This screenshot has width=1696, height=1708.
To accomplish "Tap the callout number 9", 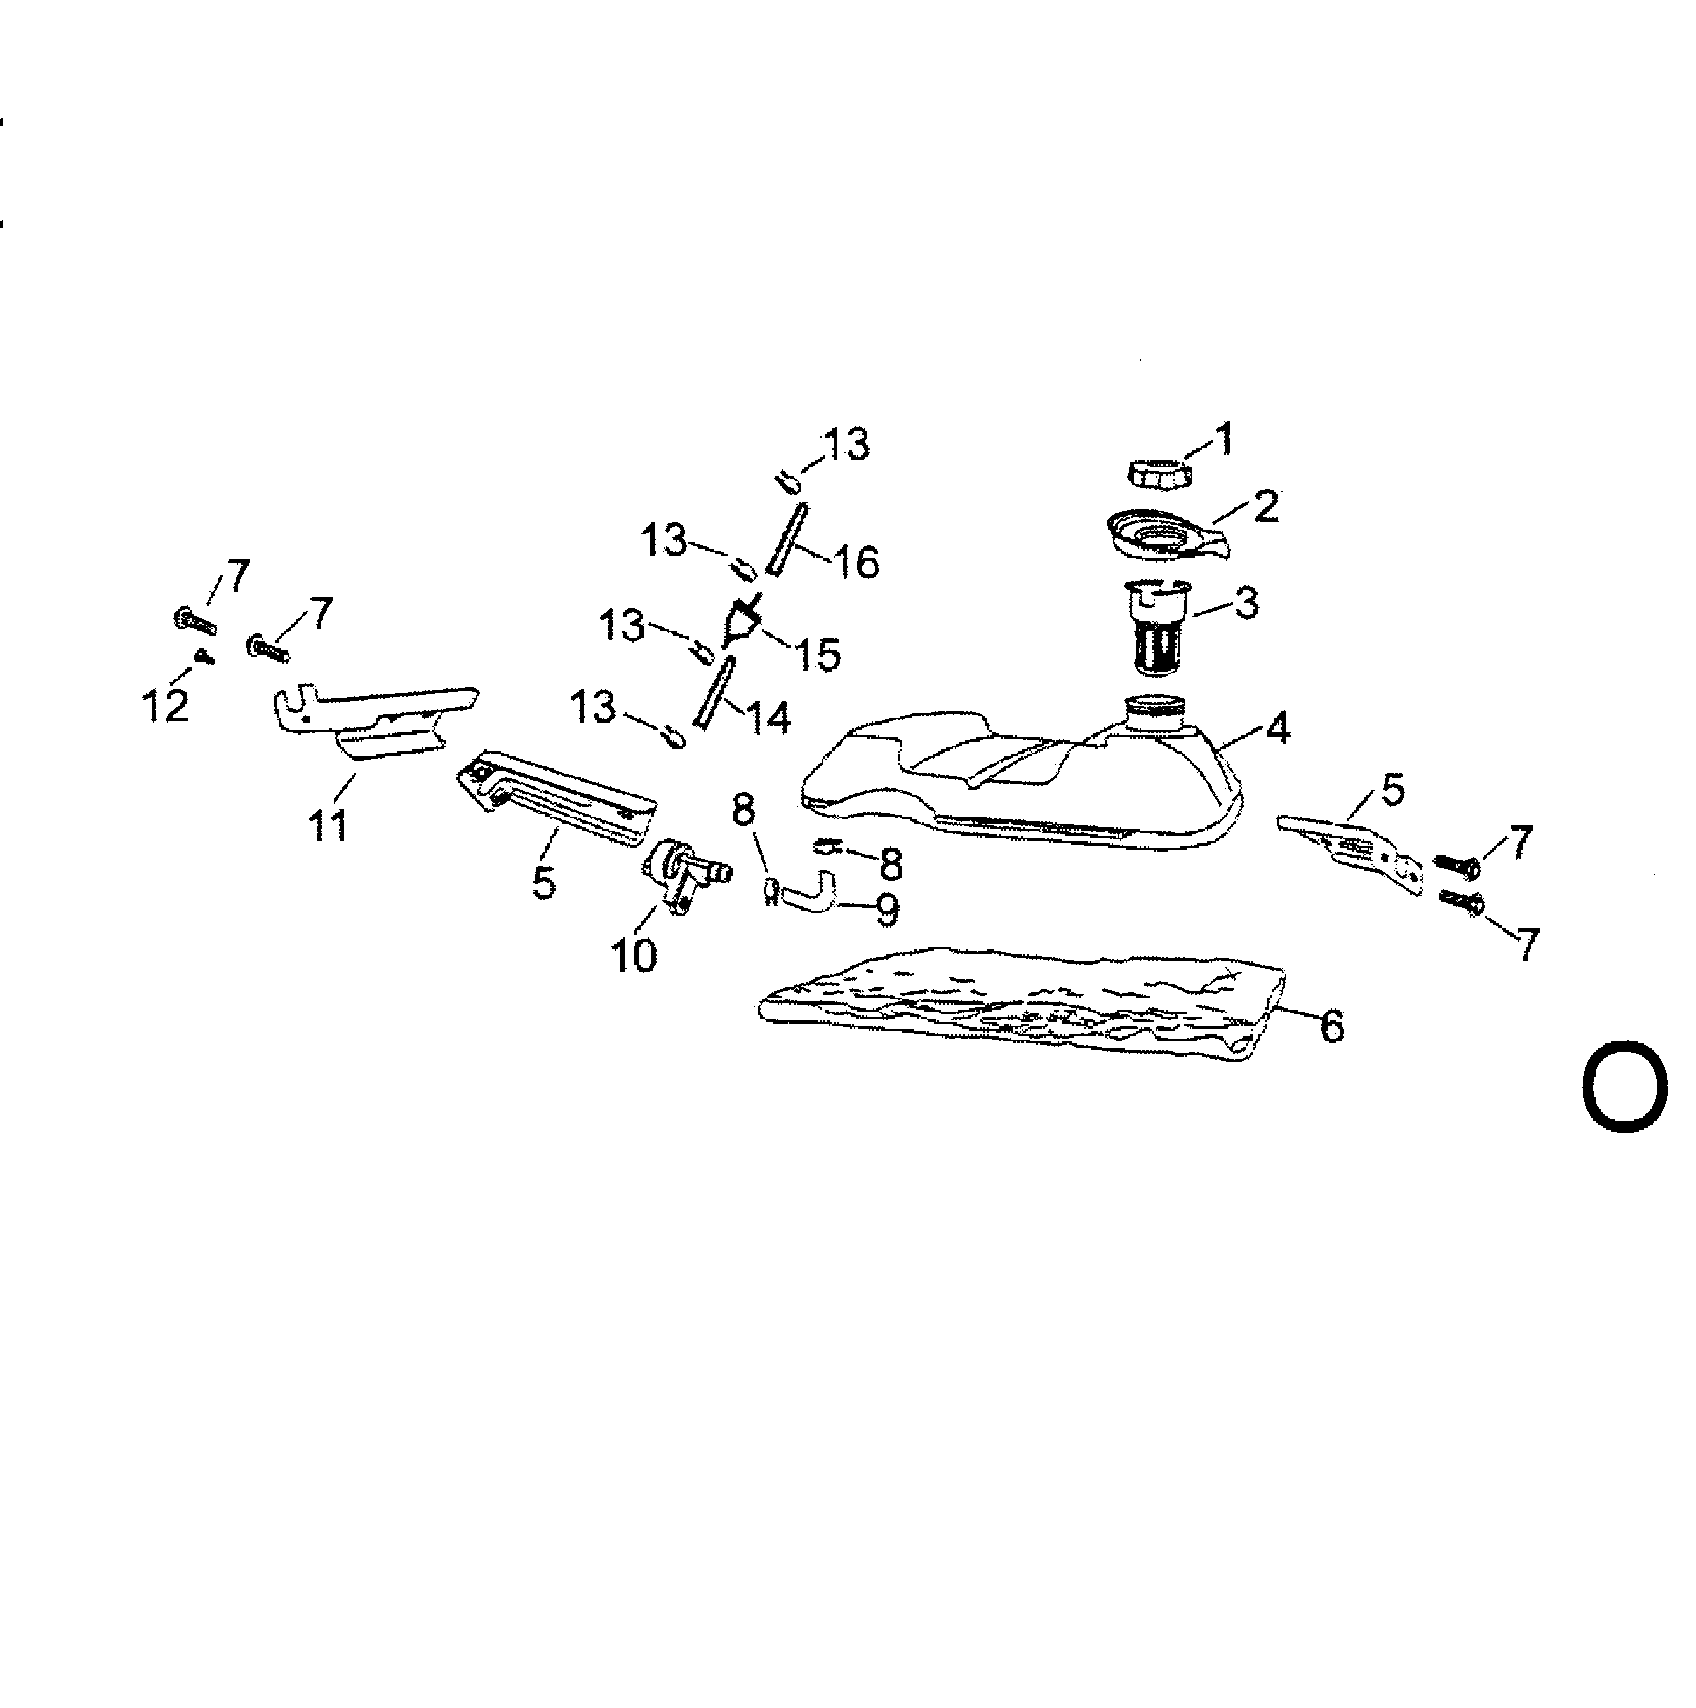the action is (887, 909).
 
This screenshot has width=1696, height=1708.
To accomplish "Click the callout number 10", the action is (634, 955).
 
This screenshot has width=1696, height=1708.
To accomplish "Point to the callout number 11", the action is (328, 826).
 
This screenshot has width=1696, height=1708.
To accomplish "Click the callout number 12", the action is (165, 706).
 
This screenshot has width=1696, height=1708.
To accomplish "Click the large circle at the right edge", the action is (1625, 1087).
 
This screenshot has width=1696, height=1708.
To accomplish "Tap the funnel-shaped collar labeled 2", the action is (1166, 535).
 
